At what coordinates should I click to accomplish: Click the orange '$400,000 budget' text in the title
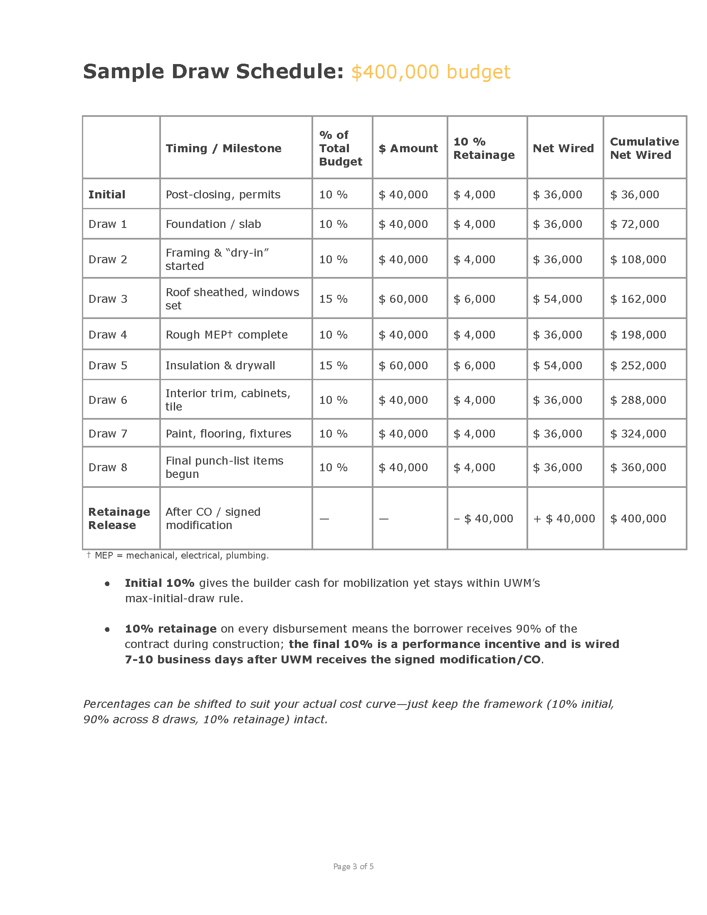click(x=430, y=72)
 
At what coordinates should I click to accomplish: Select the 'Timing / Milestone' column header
click(x=223, y=148)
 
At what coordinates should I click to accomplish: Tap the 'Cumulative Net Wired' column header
click(x=644, y=148)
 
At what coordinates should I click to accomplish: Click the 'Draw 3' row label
click(x=108, y=299)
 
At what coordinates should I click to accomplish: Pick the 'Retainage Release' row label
click(x=119, y=518)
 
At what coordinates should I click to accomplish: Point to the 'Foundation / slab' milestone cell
click(x=213, y=224)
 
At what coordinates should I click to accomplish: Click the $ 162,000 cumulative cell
click(x=638, y=299)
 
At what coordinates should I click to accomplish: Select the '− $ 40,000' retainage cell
click(x=483, y=519)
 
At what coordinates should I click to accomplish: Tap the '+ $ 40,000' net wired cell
click(x=564, y=519)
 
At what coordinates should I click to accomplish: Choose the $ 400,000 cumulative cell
click(x=638, y=519)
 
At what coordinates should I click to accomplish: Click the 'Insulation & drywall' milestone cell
click(x=220, y=366)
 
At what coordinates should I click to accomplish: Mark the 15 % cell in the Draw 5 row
click(x=334, y=366)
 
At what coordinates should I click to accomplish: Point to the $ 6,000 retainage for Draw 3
click(x=474, y=299)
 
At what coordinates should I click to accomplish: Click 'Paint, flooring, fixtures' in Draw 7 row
click(x=228, y=434)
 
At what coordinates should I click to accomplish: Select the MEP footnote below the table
click(x=178, y=556)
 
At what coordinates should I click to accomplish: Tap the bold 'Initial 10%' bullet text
click(x=160, y=583)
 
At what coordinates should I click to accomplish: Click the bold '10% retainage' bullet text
click(x=171, y=629)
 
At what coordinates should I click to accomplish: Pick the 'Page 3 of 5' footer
click(x=353, y=866)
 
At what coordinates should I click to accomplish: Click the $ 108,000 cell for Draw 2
click(x=638, y=260)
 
